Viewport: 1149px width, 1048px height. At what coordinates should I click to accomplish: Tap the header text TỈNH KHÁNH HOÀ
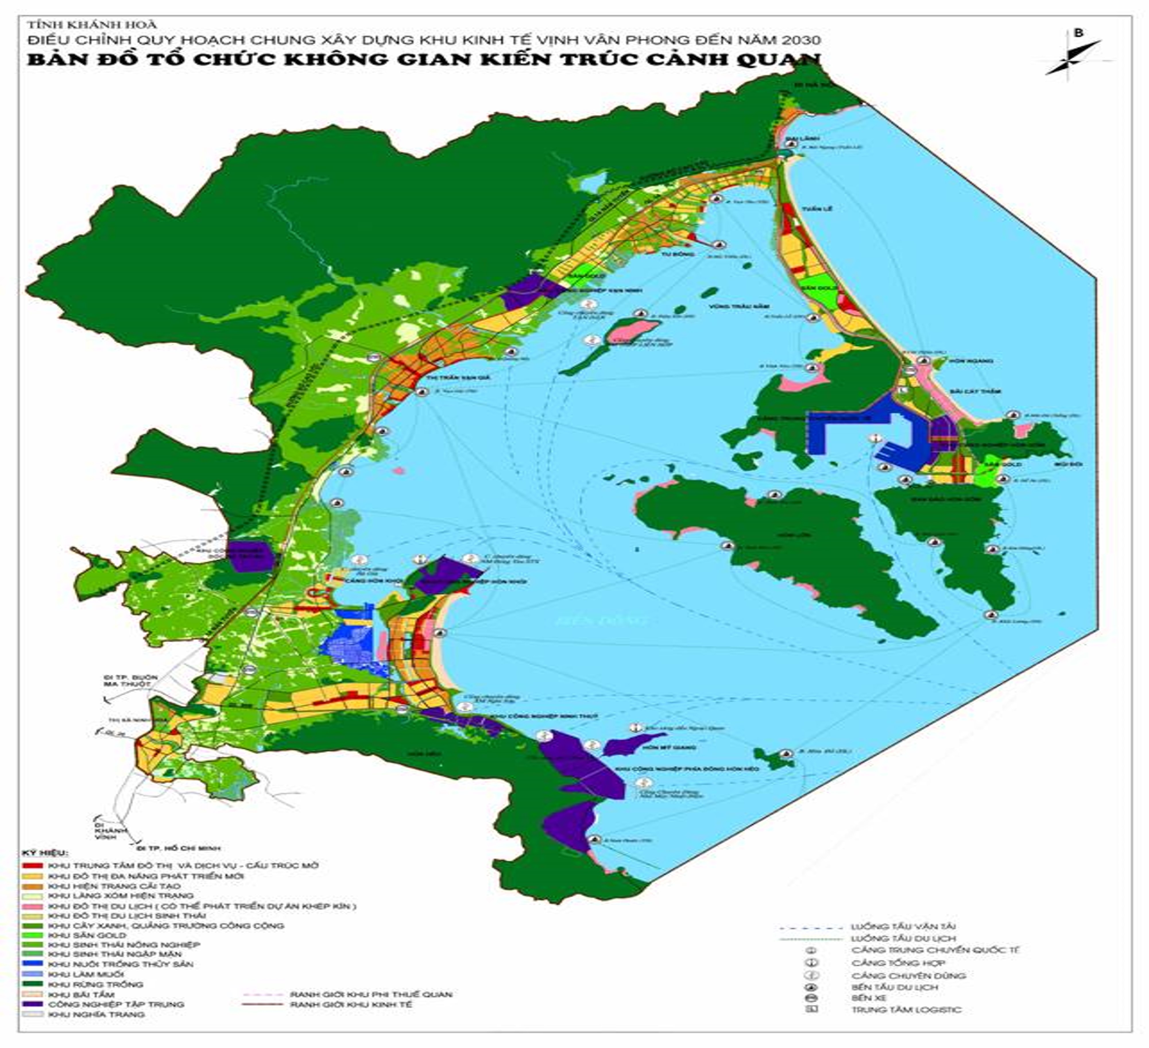(x=91, y=24)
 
